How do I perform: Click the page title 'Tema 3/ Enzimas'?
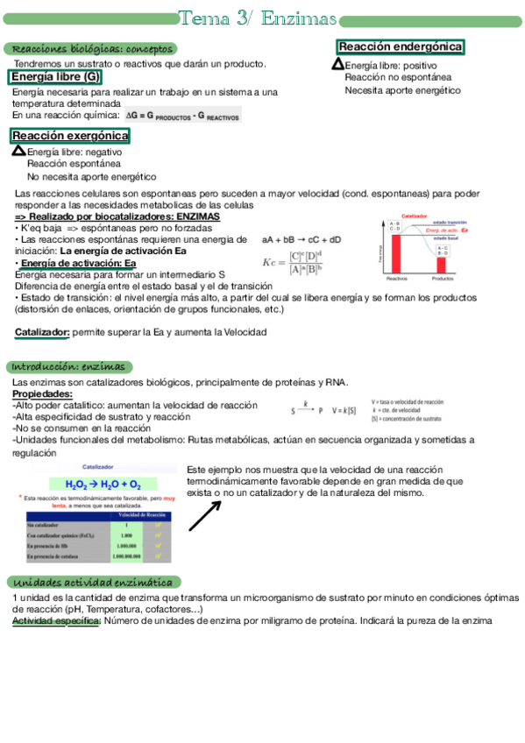tap(258, 18)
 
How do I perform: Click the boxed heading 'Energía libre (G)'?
tap(56, 77)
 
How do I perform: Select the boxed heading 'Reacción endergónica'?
tap(401, 46)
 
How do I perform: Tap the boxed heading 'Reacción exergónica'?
tap(70, 136)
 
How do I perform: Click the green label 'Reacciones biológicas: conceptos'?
tap(89, 49)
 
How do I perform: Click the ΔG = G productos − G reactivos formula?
tap(182, 115)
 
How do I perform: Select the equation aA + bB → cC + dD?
tap(302, 239)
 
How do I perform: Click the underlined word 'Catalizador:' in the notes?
tap(42, 333)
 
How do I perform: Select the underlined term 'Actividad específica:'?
tap(57, 620)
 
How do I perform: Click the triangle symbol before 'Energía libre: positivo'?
tap(338, 64)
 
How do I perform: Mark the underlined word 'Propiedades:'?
tap(42, 394)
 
